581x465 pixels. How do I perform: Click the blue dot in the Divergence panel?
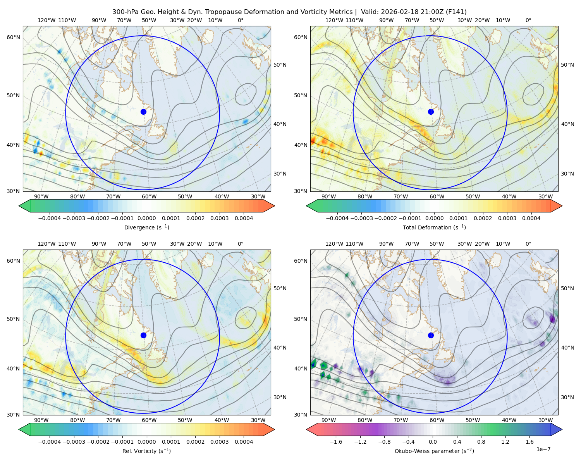(x=143, y=112)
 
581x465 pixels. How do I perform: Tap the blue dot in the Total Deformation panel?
(x=431, y=112)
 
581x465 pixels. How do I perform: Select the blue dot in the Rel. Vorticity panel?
(x=143, y=335)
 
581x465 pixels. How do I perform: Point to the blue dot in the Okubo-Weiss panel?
(x=431, y=335)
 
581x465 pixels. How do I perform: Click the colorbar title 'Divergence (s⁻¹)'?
(x=146, y=227)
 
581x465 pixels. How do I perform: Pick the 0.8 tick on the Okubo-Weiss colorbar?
(x=481, y=442)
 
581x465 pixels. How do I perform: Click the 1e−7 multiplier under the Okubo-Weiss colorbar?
(x=543, y=449)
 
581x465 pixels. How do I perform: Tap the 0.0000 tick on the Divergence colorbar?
(x=146, y=218)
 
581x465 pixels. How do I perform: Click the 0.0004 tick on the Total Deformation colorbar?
(x=531, y=218)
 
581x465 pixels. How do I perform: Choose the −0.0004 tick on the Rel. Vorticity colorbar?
(x=50, y=442)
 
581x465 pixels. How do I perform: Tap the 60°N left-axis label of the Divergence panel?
(x=13, y=37)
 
